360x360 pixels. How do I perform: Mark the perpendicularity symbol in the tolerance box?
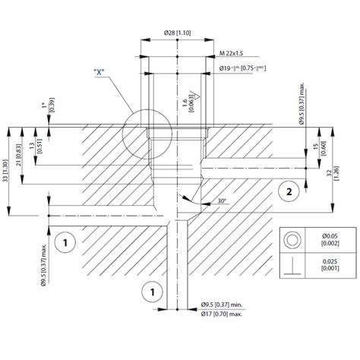[291, 267]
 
